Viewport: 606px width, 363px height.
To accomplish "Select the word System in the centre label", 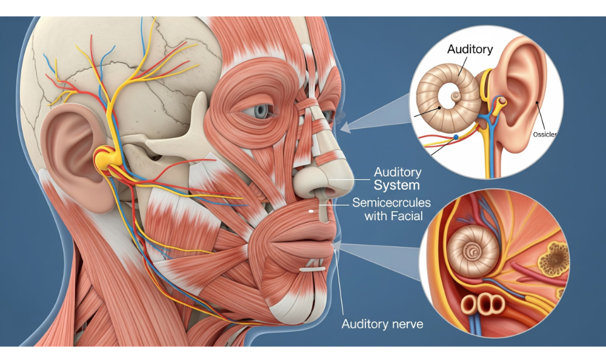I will (x=397, y=185).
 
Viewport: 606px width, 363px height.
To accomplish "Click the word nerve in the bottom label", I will (x=404, y=324).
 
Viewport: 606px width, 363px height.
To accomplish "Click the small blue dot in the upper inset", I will (x=454, y=137).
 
